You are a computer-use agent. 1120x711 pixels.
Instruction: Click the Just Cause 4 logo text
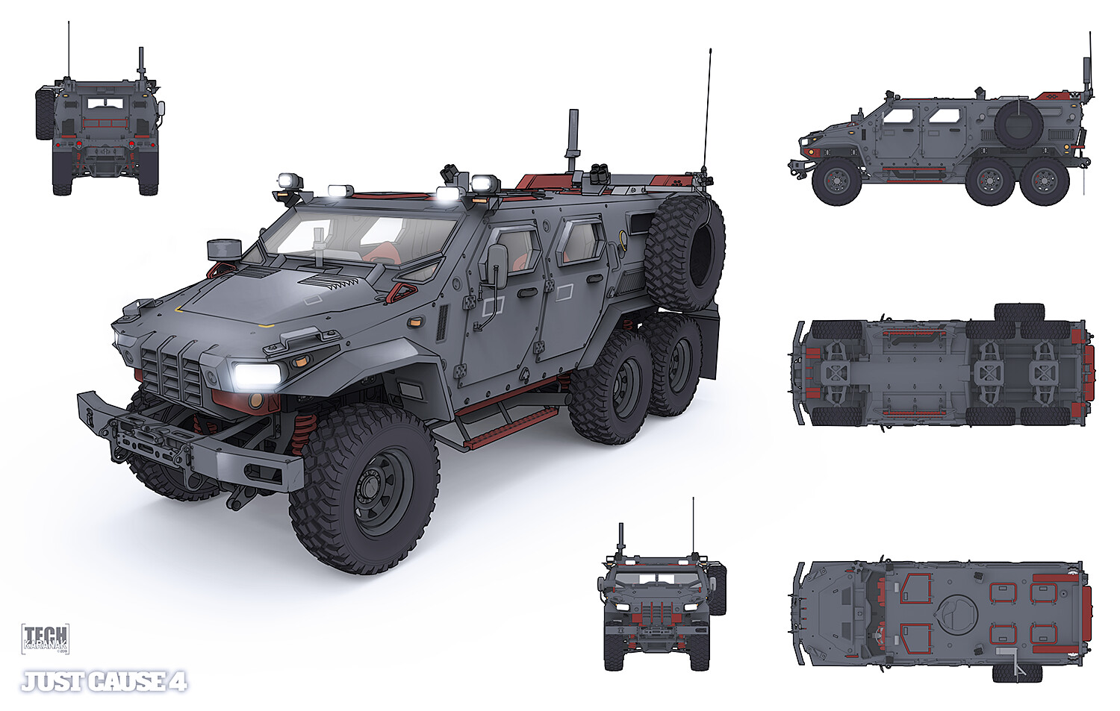click(x=104, y=682)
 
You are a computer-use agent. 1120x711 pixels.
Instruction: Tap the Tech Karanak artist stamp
click(x=46, y=639)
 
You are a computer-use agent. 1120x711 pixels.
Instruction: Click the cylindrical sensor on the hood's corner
click(x=223, y=249)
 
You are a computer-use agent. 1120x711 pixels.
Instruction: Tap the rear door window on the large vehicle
click(x=580, y=240)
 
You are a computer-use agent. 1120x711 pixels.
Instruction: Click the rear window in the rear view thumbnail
click(x=105, y=104)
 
